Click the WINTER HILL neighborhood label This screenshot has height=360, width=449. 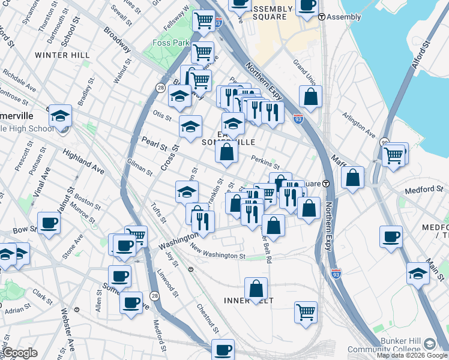pos(62,55)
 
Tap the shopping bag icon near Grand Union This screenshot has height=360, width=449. pos(310,97)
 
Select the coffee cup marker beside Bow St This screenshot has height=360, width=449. pos(49,223)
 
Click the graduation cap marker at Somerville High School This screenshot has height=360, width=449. pos(60,115)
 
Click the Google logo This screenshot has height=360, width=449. pos(20,353)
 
